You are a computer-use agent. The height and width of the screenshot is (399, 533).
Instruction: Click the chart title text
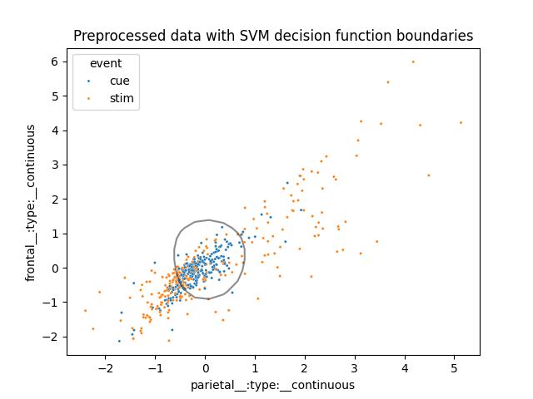click(273, 36)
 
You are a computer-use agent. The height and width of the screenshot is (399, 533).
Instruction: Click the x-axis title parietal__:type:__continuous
click(273, 385)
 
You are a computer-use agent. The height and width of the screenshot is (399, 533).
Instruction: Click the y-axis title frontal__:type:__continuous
click(31, 203)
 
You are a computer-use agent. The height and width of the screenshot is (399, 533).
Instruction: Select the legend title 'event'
click(106, 63)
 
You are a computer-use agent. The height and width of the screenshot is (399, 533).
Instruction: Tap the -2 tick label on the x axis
click(105, 368)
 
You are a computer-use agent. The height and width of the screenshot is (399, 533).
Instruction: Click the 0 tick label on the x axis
click(206, 368)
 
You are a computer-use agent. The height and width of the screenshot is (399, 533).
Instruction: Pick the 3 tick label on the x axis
click(355, 368)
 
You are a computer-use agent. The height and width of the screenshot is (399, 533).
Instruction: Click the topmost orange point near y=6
click(412, 62)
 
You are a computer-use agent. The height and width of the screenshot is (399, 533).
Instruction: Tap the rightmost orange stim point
click(461, 122)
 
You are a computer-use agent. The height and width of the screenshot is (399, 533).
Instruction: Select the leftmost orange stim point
click(85, 311)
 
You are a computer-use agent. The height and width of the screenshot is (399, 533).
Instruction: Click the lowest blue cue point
click(119, 341)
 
